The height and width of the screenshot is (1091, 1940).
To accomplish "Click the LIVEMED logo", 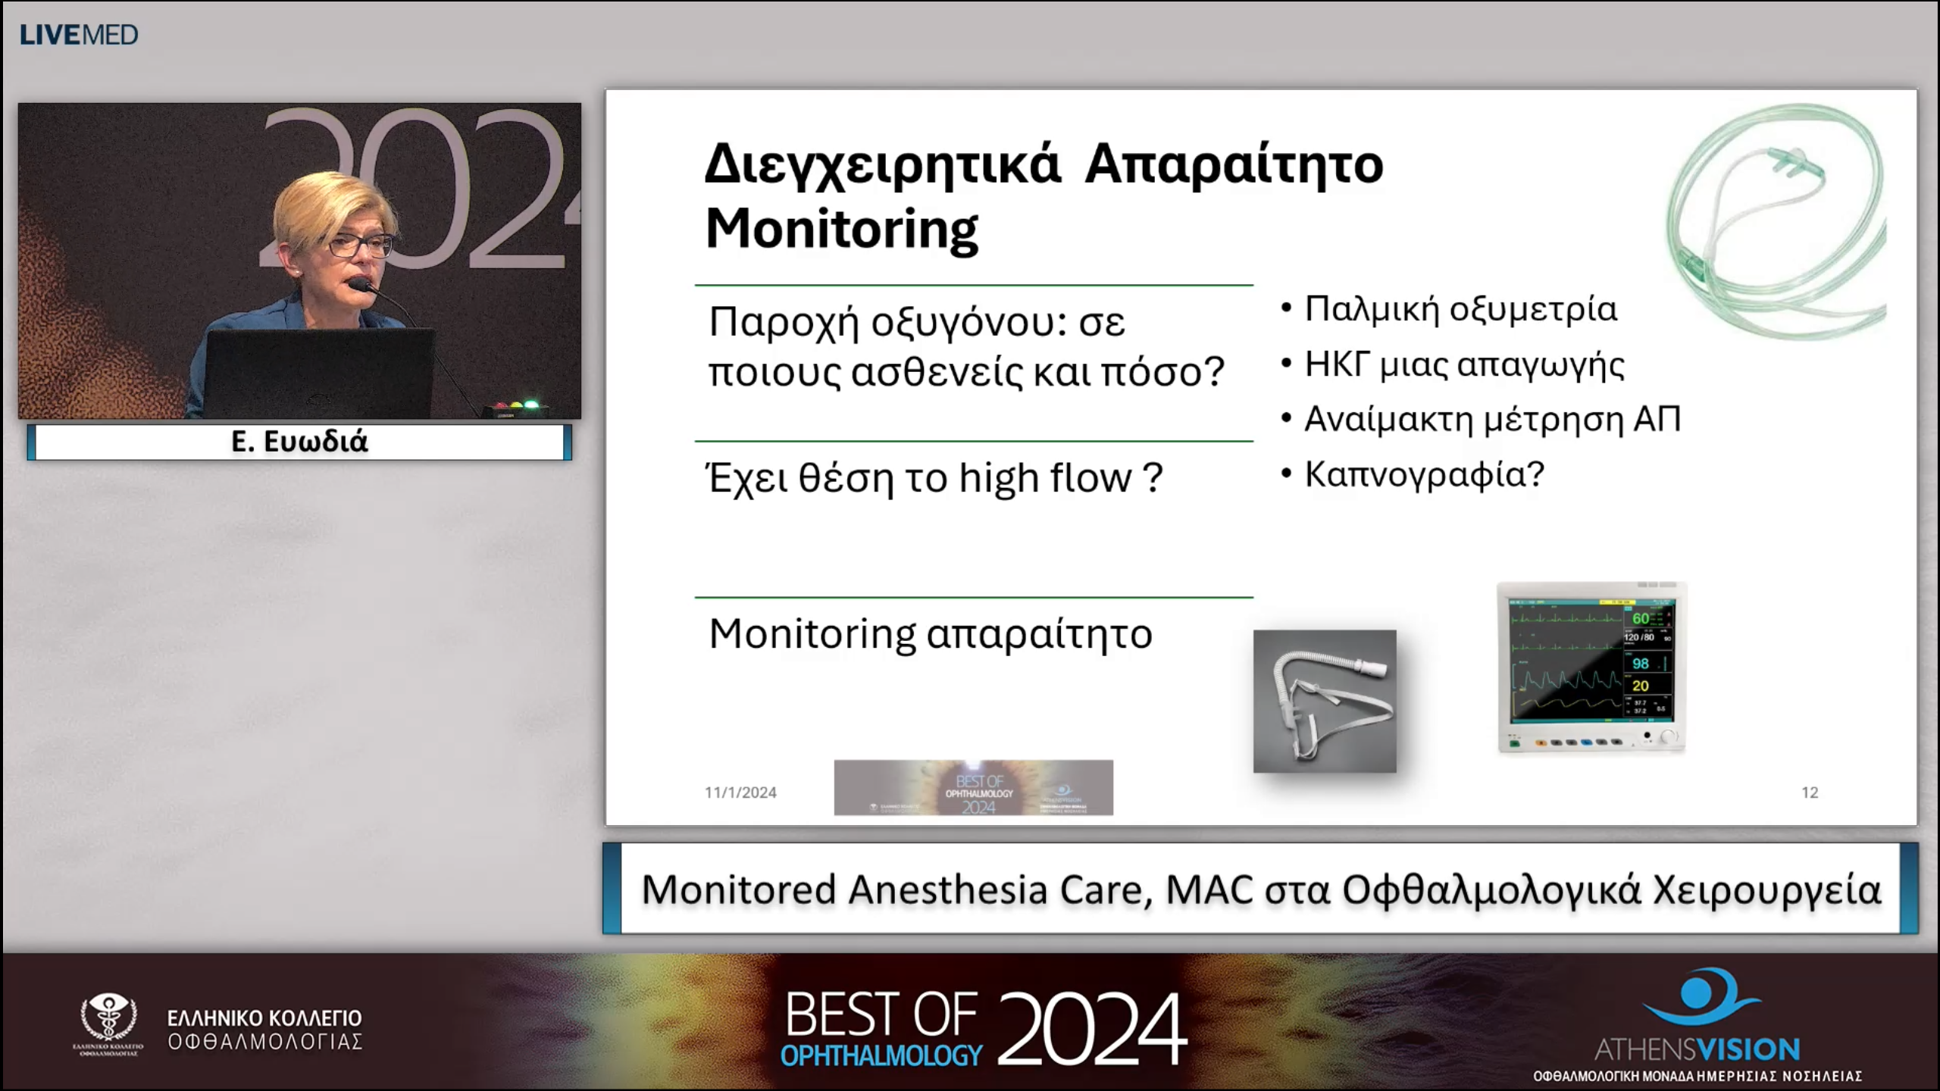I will tap(79, 35).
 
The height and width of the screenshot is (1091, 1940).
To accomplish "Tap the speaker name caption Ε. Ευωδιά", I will tap(299, 442).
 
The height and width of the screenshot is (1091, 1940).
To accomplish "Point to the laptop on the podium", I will tap(318, 371).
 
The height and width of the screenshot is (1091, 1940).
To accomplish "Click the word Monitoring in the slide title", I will tap(842, 229).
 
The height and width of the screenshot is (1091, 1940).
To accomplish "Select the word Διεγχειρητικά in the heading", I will tap(883, 164).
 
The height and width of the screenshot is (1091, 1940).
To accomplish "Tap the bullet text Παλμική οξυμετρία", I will tap(1460, 309).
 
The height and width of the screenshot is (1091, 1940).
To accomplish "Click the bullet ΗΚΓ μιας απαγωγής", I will tap(1464, 364).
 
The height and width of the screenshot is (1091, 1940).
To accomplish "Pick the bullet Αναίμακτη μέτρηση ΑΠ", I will tap(1492, 419).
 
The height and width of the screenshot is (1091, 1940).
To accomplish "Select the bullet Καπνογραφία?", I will tap(1424, 474).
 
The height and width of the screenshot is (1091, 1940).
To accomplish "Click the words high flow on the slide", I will tap(1045, 478).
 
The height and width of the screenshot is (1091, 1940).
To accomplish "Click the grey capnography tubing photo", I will tap(1324, 701).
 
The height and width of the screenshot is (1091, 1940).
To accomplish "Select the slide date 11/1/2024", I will tap(740, 792).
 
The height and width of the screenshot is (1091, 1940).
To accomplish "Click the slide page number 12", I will tap(1810, 792).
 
